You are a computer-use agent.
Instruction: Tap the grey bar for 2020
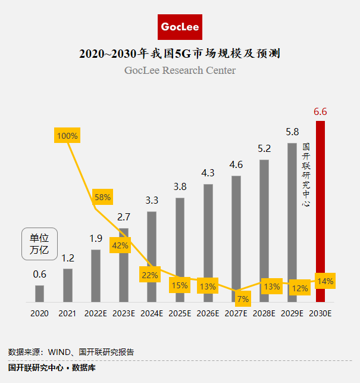click(39, 294)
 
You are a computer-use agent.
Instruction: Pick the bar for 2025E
click(180, 250)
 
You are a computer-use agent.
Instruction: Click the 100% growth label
click(67, 135)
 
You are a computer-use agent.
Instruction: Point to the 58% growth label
click(102, 197)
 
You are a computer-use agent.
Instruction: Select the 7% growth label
click(242, 298)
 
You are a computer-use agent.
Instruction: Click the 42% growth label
click(120, 245)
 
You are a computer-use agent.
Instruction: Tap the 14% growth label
click(325, 281)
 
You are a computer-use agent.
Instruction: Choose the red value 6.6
click(321, 111)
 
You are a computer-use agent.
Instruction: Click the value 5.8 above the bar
click(292, 132)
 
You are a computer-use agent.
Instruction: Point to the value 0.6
click(39, 275)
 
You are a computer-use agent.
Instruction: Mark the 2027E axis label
click(236, 313)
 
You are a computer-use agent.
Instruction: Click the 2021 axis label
click(67, 313)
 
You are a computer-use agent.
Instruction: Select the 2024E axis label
click(152, 313)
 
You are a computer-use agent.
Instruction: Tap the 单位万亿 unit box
click(39, 244)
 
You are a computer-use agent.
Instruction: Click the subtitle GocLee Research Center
click(180, 71)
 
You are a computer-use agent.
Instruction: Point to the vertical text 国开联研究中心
click(306, 174)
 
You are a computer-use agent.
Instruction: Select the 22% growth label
click(150, 275)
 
